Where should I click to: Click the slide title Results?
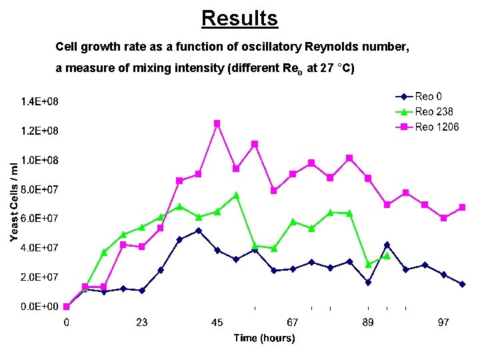[x=239, y=18]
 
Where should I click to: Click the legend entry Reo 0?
[x=433, y=97]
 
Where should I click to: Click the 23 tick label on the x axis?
[x=141, y=323]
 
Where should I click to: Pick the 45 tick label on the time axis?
[x=217, y=323]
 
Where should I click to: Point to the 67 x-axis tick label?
[x=292, y=323]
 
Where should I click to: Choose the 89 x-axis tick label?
[x=367, y=323]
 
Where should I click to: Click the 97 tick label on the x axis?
[x=443, y=323]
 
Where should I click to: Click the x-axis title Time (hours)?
[x=264, y=339]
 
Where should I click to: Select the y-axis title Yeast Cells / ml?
[x=14, y=203]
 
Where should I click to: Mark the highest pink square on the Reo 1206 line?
[x=217, y=123]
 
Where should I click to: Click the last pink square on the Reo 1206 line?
[x=462, y=207]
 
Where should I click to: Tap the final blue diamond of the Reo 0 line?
[x=462, y=284]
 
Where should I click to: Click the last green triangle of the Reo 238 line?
[x=387, y=256]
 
